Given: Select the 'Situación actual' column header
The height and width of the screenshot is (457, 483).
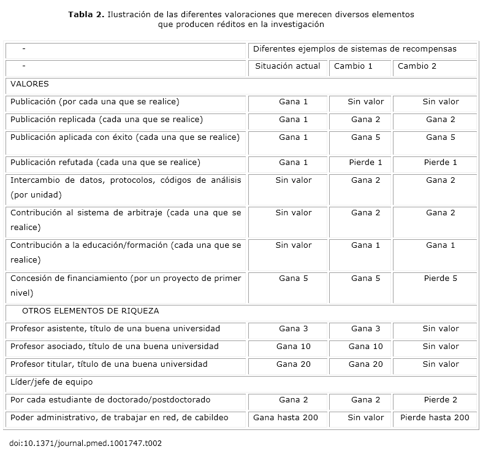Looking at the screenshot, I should [287, 66].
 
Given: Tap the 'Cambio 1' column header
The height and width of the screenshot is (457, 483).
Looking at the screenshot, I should [353, 66].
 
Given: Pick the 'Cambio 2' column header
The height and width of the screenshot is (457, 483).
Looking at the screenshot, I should [417, 66].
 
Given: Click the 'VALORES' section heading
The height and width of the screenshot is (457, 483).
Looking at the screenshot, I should [29, 84].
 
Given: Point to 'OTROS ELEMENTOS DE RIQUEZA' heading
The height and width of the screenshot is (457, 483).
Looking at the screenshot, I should [90, 311].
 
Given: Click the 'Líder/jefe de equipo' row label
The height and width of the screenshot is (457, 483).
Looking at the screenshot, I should [51, 382].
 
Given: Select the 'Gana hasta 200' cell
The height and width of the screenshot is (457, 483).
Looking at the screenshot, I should [286, 418].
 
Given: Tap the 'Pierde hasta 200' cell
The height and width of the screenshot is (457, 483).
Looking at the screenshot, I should [435, 418].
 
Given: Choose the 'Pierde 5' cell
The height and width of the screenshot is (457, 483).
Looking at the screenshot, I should [440, 278].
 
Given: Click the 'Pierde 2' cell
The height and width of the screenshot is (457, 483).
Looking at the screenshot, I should [440, 400].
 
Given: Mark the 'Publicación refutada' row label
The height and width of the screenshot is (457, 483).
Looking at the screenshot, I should [105, 163].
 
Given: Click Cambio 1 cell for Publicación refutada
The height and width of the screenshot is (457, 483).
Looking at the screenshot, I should [365, 163].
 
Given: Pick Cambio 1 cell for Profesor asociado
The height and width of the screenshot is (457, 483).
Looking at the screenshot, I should [365, 347].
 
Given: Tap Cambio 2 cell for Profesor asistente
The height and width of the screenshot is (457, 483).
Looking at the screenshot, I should [440, 329].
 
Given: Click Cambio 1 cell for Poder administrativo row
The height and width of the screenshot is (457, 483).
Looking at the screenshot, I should [365, 418].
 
